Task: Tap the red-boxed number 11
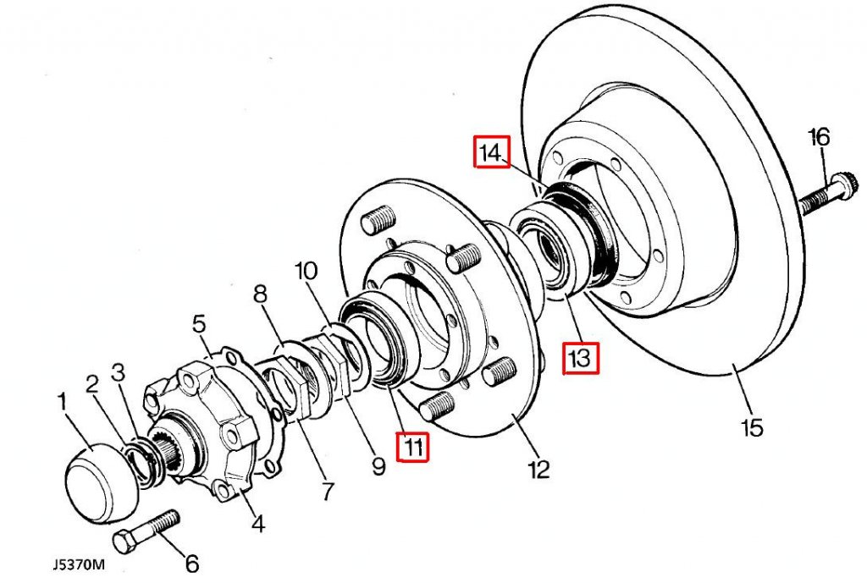point(413,447)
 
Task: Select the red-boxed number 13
point(582,359)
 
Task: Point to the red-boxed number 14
point(491,153)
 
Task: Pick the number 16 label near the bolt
point(819,136)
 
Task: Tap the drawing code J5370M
point(77,564)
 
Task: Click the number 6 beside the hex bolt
point(191,562)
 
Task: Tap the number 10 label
point(306,272)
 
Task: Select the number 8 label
point(260,294)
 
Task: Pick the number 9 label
point(378,465)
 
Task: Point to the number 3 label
point(119,371)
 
